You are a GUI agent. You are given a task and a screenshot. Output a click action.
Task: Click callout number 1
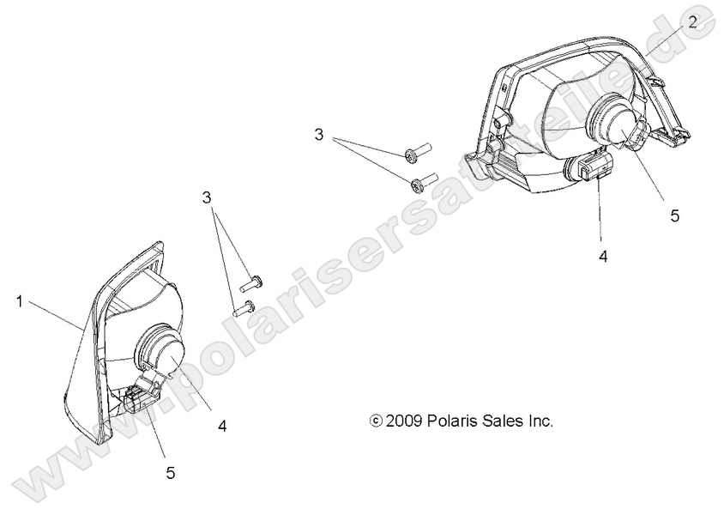click(x=19, y=302)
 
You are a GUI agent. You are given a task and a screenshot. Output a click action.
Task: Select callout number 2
click(x=692, y=21)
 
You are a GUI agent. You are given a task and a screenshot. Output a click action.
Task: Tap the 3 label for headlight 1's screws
click(x=207, y=197)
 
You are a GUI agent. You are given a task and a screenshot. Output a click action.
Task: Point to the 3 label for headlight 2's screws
click(x=318, y=135)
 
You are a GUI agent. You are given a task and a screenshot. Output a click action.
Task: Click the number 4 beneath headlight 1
click(x=222, y=426)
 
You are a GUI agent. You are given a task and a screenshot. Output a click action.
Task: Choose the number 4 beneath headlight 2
click(x=603, y=257)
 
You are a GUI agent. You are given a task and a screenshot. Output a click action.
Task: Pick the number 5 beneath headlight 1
click(x=171, y=472)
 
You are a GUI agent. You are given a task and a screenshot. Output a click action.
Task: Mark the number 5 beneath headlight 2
click(x=675, y=215)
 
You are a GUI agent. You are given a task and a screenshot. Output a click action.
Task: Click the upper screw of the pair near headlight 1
click(x=251, y=283)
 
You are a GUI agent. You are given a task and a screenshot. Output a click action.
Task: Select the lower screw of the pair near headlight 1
click(x=244, y=308)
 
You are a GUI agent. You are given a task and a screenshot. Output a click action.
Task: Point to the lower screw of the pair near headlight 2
click(x=424, y=181)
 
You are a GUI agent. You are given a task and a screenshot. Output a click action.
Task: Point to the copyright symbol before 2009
click(x=377, y=421)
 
